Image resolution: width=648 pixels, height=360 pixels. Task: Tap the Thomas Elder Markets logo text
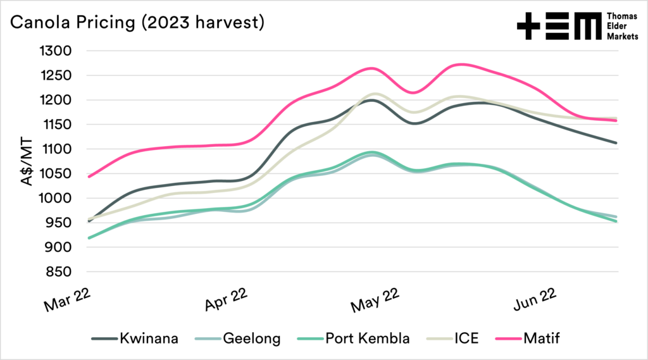click(x=616, y=26)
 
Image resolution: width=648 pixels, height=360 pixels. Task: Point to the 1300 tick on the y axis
click(x=61, y=51)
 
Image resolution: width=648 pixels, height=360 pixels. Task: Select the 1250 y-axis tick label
click(x=61, y=75)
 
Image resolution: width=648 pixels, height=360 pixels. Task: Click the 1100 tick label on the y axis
click(x=61, y=149)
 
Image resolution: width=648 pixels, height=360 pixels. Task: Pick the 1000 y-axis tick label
click(x=61, y=199)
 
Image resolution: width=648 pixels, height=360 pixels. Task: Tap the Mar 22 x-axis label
click(x=66, y=300)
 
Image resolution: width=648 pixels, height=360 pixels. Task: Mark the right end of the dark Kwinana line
click(x=616, y=143)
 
